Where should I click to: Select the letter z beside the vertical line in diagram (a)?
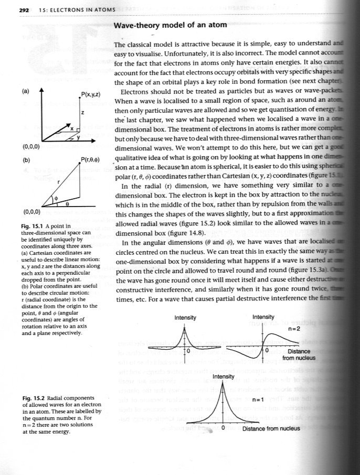(82, 113)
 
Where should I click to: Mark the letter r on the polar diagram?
(59, 181)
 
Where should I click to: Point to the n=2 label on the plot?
(295, 329)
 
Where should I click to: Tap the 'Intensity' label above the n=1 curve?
(223, 376)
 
